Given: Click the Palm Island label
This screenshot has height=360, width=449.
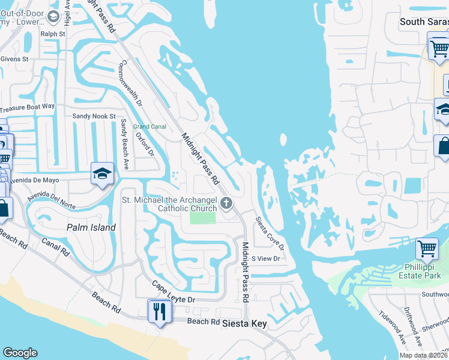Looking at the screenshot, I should point(91,227).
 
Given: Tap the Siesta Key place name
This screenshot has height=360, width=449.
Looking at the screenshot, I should point(244,323).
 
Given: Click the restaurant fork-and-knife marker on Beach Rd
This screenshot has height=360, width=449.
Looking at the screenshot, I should point(160,311).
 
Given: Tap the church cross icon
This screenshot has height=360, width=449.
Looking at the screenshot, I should point(226,203).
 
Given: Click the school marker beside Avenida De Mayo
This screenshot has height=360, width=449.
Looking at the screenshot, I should point(102,174).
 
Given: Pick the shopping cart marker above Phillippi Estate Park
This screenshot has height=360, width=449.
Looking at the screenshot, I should point(427,248).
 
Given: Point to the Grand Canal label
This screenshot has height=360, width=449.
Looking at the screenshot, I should point(149,127).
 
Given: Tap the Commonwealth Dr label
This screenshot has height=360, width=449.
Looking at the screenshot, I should point(131,84).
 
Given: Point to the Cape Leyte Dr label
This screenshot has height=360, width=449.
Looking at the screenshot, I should point(173,291).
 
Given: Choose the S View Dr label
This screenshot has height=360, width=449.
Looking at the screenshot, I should point(265,259).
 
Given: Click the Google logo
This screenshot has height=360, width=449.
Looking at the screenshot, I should point(20,353).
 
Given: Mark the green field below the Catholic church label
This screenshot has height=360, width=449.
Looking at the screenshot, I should point(202,217).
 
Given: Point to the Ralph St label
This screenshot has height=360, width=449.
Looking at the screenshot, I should point(53,34).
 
